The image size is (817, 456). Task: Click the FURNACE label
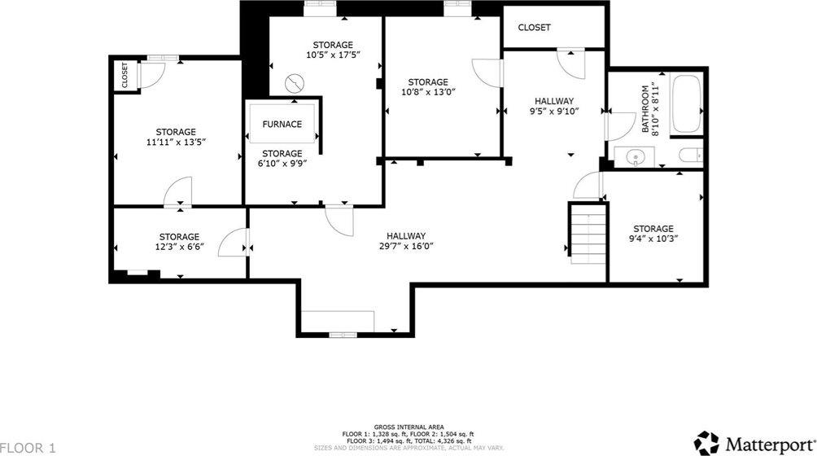click(282, 125)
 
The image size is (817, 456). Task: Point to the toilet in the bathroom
click(690, 156)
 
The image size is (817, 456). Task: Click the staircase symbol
click(588, 234)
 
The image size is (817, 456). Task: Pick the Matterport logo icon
click(706, 442)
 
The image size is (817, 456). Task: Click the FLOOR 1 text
click(28, 447)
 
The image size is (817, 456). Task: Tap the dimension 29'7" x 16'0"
click(402, 247)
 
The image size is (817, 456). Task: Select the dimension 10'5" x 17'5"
click(333, 55)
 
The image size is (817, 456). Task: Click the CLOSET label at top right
click(534, 27)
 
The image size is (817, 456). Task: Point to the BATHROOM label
click(646, 108)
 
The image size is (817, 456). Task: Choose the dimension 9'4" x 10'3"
click(653, 239)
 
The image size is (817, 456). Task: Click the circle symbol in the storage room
click(295, 82)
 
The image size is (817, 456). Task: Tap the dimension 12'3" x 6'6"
click(179, 248)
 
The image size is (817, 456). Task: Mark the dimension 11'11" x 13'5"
click(176, 142)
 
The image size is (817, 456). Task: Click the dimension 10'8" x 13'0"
click(427, 93)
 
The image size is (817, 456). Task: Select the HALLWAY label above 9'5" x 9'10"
click(553, 101)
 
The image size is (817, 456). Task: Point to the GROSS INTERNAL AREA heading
click(409, 427)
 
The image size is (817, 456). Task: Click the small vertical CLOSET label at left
click(125, 75)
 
